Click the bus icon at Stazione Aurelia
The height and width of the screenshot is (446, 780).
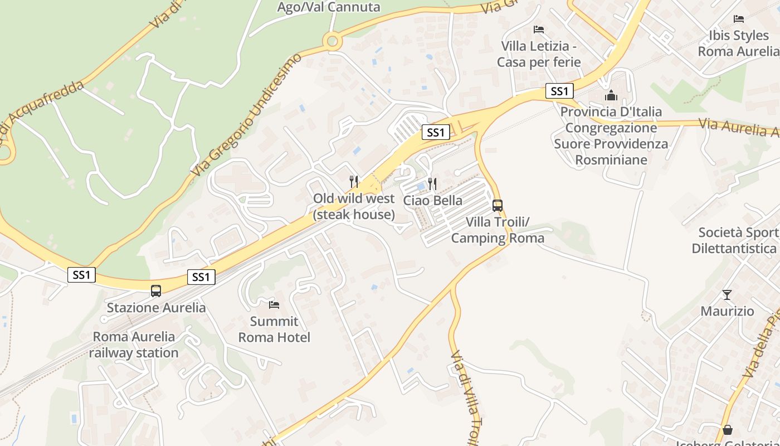point(156,290)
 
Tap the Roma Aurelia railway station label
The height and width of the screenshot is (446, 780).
point(134,345)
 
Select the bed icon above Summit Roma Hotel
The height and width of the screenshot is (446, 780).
point(274,304)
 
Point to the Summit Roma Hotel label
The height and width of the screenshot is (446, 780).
point(274,329)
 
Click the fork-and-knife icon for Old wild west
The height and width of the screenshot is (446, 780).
point(354,181)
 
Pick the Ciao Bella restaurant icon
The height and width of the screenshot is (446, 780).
point(432,183)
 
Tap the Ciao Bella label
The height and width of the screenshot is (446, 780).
point(432,201)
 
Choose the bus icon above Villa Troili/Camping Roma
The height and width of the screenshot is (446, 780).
point(498,205)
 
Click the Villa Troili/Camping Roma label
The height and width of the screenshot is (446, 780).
point(498,230)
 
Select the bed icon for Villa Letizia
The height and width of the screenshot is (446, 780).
point(538,29)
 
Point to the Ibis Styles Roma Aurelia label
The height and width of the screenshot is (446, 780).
point(739,43)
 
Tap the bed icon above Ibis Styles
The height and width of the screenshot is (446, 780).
point(739,19)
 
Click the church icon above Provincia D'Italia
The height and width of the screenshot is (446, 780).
point(611,95)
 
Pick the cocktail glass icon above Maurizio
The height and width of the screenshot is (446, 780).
point(727,294)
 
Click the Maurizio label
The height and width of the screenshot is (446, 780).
point(727,311)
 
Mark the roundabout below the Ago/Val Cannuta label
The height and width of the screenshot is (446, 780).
point(333,40)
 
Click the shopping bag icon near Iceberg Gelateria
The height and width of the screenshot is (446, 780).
point(727,430)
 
